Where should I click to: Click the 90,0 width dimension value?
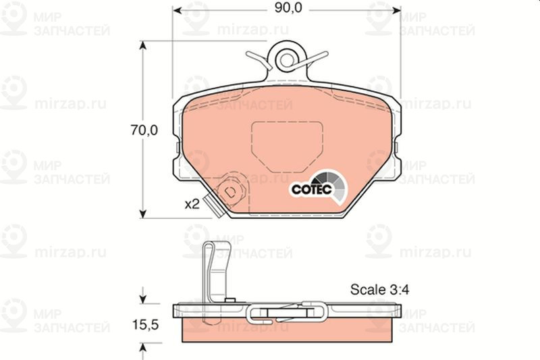tap(288, 8)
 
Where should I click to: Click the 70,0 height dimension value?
tap(144, 130)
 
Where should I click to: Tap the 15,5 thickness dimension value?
tap(145, 324)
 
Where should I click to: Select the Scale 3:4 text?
tap(379, 290)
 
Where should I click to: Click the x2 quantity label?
tap(192, 204)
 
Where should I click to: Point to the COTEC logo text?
tap(311, 189)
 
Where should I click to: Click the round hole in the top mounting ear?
tap(287, 60)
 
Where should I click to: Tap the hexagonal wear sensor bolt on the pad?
tap(231, 190)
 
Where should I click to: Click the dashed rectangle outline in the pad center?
tap(288, 147)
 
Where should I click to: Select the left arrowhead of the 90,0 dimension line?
tap(177, 10)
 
